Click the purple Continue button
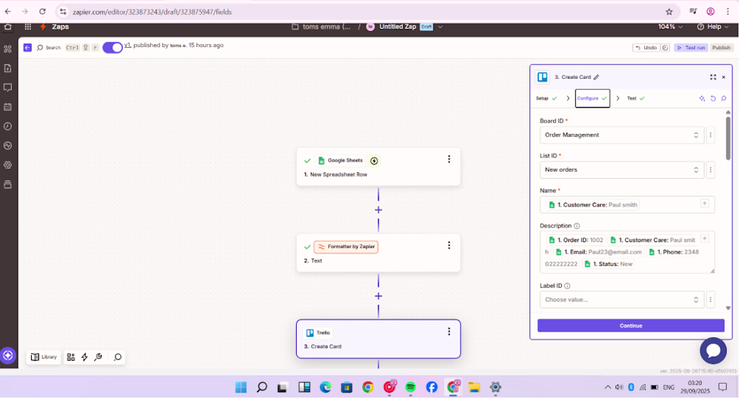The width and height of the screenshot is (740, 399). coord(630,326)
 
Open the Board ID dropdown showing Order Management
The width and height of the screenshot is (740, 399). coord(621,135)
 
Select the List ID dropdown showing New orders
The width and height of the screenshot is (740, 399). coord(621,170)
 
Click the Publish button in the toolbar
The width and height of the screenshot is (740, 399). coord(721,48)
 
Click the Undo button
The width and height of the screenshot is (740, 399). coord(646,48)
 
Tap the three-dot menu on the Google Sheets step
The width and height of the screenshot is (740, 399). coord(449,159)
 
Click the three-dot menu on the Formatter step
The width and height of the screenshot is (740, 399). coord(449,246)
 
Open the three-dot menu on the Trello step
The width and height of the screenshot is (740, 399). coord(449,332)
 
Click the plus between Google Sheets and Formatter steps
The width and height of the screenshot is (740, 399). coord(378,210)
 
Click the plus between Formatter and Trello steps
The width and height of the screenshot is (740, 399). coord(378,296)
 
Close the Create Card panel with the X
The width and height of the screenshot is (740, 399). coord(724,77)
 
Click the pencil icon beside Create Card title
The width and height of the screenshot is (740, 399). coord(596,77)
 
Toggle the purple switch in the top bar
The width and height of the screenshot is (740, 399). coord(112,47)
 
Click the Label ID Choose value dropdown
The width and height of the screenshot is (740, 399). coord(621,300)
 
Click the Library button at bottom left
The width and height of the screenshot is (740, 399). coord(44,357)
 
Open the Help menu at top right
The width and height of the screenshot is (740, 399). coord(714,27)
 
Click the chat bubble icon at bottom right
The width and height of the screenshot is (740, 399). coord(713,351)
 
